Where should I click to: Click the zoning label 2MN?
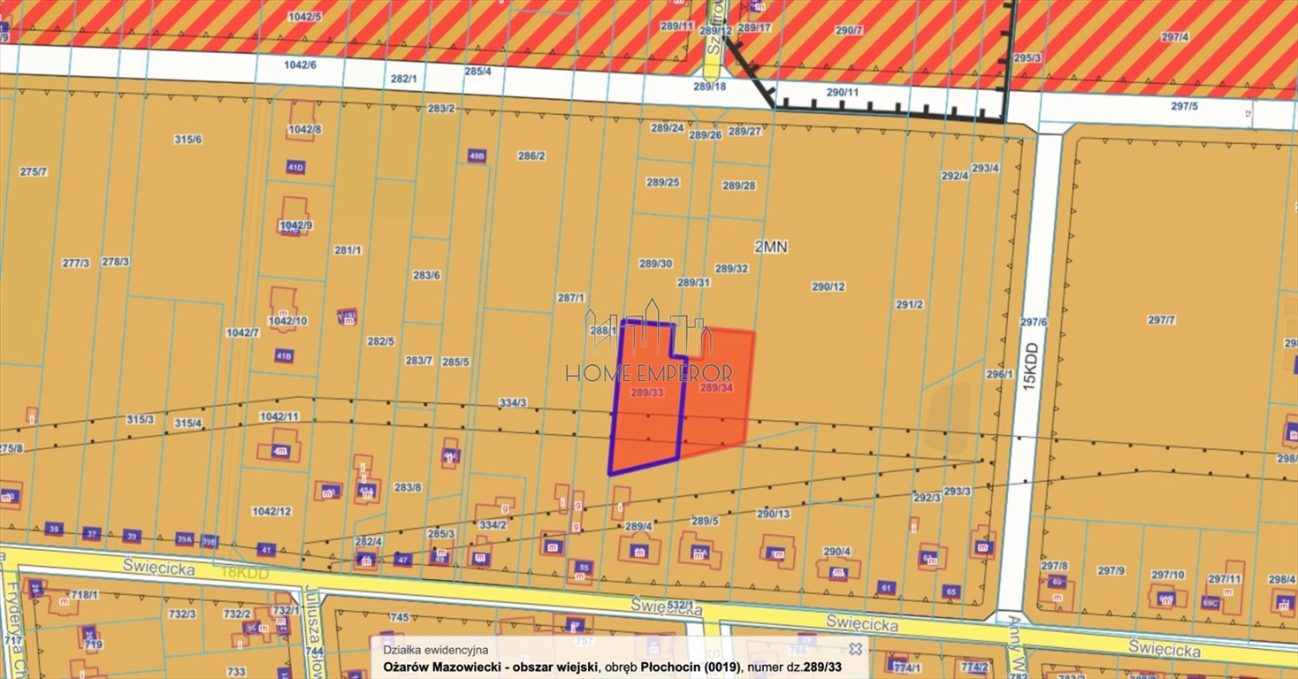pyautogui.click(x=771, y=248)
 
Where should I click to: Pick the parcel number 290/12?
pyautogui.click(x=828, y=286)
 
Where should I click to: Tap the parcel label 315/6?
pyautogui.click(x=187, y=140)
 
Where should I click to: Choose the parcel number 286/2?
pyautogui.click(x=531, y=156)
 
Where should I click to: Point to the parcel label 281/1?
pyautogui.click(x=347, y=250)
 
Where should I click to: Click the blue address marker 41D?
pyautogui.click(x=295, y=167)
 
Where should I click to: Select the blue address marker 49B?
pyautogui.click(x=477, y=156)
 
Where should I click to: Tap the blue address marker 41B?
pyautogui.click(x=284, y=356)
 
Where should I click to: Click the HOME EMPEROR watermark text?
pyautogui.click(x=649, y=374)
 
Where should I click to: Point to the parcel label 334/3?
pyautogui.click(x=512, y=403)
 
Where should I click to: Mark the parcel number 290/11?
pyautogui.click(x=842, y=92)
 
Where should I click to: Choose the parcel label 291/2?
pyautogui.click(x=909, y=304)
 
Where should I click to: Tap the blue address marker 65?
pyautogui.click(x=951, y=591)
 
